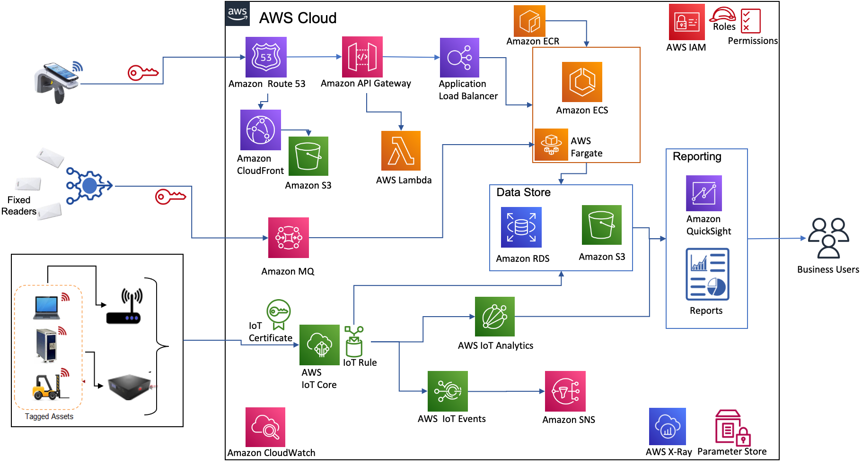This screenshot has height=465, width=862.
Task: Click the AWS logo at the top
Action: pos(237,13)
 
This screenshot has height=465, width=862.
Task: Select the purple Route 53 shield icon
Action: pos(266,57)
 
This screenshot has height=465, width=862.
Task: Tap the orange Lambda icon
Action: pos(401,151)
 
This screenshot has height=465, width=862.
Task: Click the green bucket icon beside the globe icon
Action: pos(308,156)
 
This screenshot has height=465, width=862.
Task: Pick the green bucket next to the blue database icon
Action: pos(601,225)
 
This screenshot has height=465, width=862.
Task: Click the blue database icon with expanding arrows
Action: pos(521,227)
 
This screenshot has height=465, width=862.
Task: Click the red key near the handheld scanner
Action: pos(142,73)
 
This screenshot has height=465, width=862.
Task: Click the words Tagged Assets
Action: pos(49,416)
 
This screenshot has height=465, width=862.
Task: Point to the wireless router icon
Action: pos(127,305)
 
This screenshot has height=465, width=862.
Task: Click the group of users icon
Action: pos(828,238)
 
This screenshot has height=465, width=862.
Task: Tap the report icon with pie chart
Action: pos(707,274)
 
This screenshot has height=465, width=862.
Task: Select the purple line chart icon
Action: pos(704,193)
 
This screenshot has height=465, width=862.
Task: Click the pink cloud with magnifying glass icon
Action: pos(265,427)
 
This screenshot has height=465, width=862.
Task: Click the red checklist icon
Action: pos(750,21)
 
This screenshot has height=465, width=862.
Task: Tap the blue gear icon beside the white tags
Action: pos(88,186)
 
